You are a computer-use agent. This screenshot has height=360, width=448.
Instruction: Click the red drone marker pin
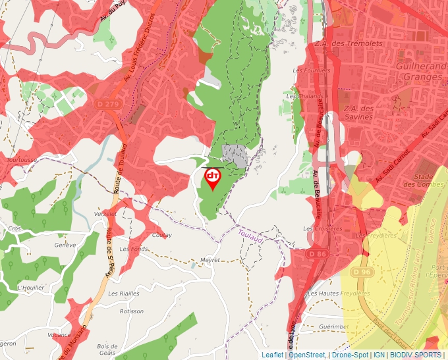[212, 178]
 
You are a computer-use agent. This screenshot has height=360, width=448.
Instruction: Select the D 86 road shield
[317, 253]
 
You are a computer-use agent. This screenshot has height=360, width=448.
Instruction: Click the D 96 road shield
[361, 272]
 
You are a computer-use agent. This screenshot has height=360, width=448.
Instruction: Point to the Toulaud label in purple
[251, 238]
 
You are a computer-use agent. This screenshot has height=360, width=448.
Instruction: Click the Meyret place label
[211, 260]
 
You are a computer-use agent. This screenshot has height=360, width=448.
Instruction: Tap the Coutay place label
[161, 235]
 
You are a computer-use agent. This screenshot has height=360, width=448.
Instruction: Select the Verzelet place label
[105, 214]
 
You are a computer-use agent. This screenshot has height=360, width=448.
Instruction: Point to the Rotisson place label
[132, 311]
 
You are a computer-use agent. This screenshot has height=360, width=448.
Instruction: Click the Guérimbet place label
[333, 326]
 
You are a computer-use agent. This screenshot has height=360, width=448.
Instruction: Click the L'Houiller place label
[31, 288]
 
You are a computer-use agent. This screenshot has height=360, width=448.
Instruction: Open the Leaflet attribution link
[272, 355]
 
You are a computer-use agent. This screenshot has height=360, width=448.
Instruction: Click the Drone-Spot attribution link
[350, 355]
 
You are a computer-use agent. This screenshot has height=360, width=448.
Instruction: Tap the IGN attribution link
[379, 355]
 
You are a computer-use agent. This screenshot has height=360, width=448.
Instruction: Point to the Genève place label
[65, 245]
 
